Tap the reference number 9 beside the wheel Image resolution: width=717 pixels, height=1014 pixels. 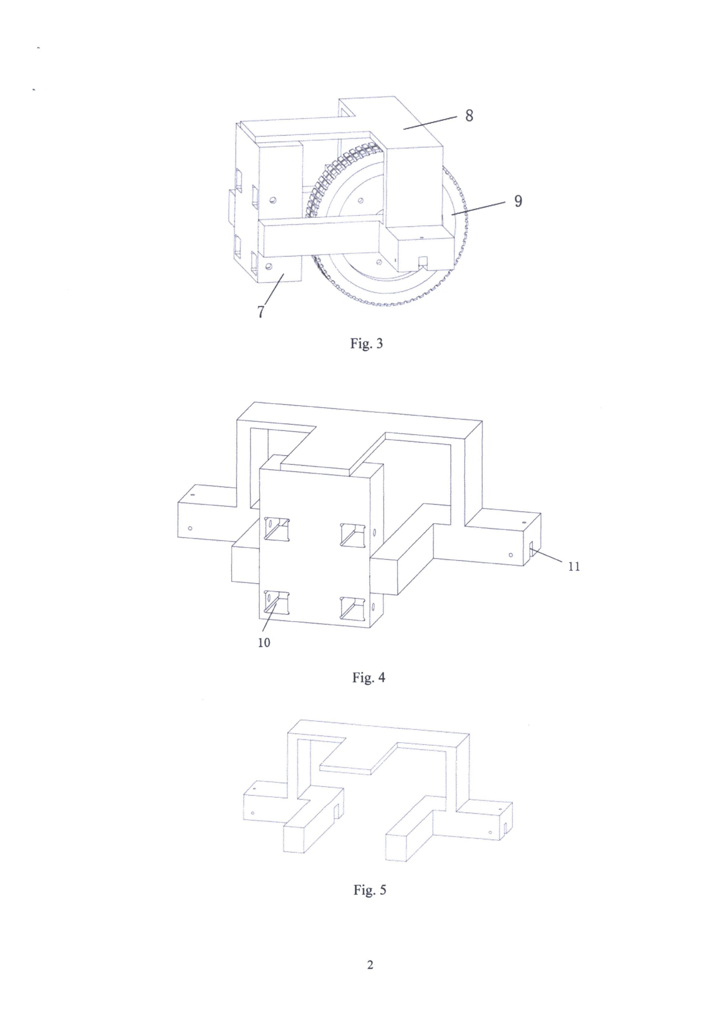(x=518, y=201)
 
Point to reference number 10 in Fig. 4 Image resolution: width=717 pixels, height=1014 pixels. (x=264, y=642)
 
